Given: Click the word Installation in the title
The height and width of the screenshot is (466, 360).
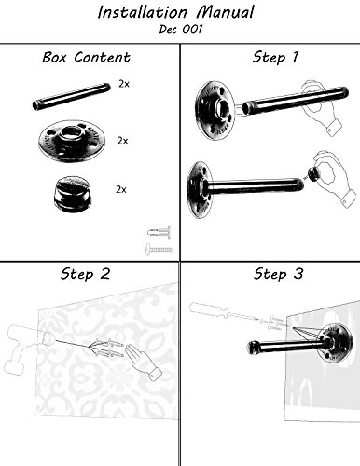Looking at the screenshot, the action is click(143, 13).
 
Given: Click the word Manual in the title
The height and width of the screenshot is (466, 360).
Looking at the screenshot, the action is click(226, 13).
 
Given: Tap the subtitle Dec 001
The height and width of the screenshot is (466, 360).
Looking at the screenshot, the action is click(180, 29).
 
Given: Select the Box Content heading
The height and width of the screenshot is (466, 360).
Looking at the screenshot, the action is click(86, 58).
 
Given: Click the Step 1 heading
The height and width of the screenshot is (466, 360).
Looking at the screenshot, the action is click(275, 58).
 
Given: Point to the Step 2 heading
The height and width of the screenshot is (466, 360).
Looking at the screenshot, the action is click(86, 274).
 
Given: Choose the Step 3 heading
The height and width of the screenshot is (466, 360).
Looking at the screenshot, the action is click(278, 274).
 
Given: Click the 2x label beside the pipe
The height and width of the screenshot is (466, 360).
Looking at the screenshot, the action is click(123, 84).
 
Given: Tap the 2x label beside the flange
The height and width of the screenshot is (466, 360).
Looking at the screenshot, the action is click(122, 141).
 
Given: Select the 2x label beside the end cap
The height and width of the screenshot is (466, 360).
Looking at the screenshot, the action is click(121, 189).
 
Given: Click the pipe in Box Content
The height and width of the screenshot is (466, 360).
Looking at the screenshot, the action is click(71, 96).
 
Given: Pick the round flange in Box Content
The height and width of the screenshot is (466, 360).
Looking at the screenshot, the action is click(72, 141).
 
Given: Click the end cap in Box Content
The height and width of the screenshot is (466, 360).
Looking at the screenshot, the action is click(73, 194).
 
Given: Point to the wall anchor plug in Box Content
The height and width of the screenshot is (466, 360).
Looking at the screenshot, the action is click(159, 232).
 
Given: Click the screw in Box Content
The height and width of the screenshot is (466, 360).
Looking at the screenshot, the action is click(159, 249).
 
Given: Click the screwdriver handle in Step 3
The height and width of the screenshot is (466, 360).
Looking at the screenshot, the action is click(207, 308).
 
